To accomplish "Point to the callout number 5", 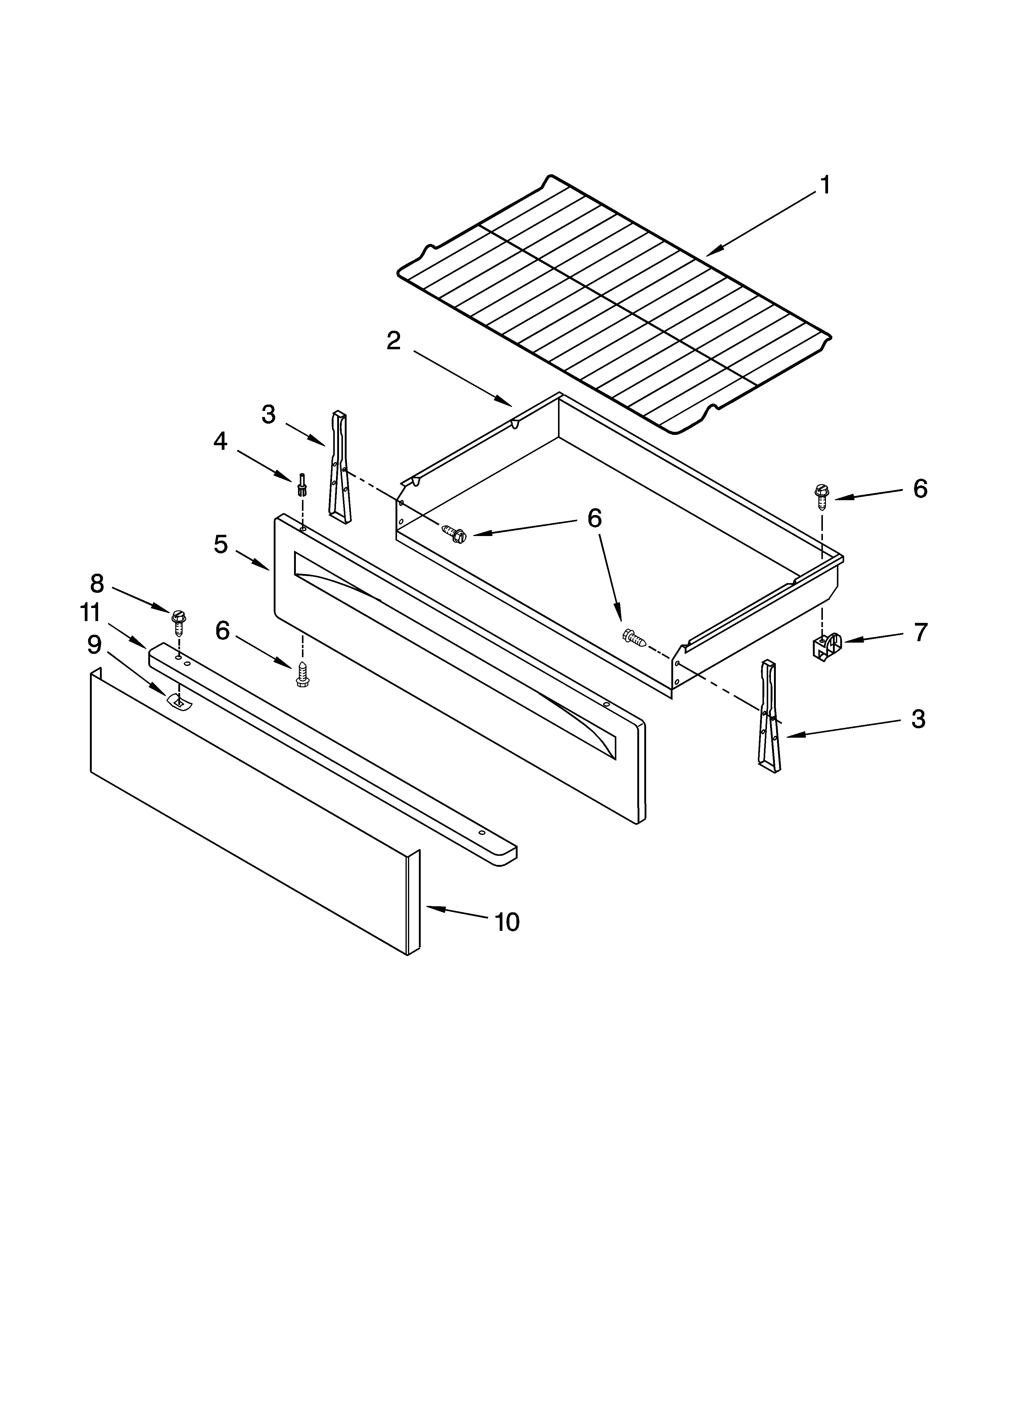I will (x=221, y=545).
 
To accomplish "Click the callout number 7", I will (x=920, y=633).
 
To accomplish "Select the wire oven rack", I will (x=613, y=303).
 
